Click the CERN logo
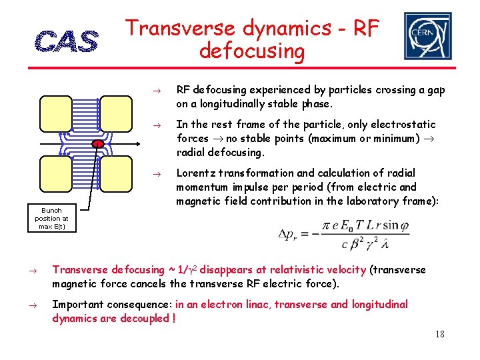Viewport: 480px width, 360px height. coord(427,36)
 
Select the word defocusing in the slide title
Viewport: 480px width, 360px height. coord(251,51)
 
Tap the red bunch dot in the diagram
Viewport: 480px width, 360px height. coord(97,143)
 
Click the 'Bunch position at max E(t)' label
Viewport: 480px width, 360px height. coord(51,219)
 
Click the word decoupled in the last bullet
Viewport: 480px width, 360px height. coord(145,319)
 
